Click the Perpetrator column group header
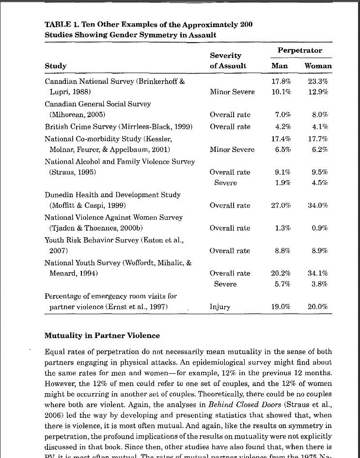(299, 50)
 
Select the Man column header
(280, 66)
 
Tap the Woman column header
(318, 66)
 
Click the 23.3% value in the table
(318, 81)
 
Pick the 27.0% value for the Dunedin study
(281, 205)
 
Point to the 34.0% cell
(318, 205)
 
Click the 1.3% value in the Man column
(282, 228)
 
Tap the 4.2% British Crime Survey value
(282, 127)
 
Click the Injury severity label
(220, 306)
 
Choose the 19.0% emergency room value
(281, 306)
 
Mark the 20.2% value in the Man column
(281, 273)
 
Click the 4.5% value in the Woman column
(320, 183)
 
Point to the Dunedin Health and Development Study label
(112, 195)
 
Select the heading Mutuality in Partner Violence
(102, 336)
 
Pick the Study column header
(55, 66)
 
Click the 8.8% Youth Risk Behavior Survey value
(282, 251)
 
